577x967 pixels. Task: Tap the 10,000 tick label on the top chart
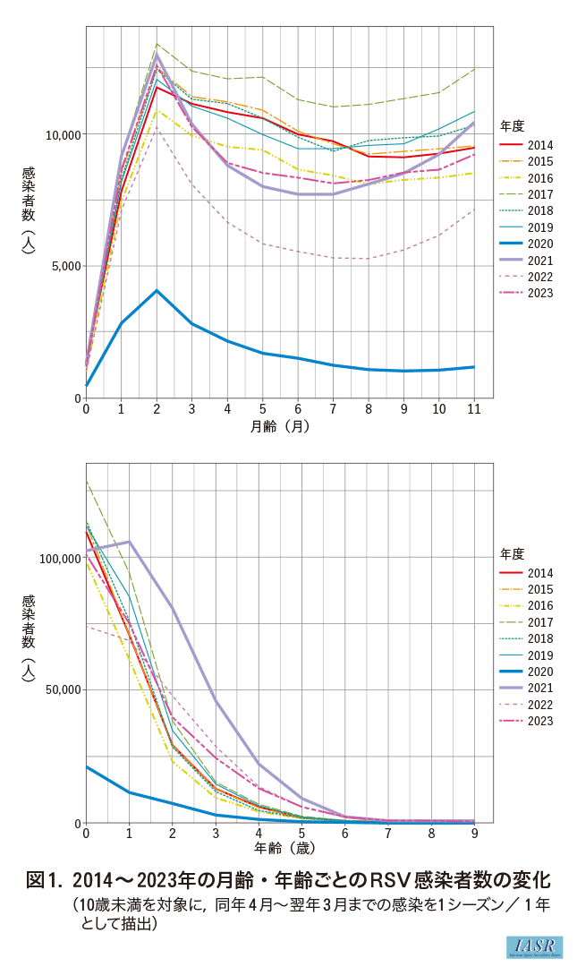tap(64, 134)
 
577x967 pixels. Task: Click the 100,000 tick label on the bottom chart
tap(60, 558)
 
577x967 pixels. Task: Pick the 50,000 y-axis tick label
tap(64, 690)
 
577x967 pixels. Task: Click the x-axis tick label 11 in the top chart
tap(474, 408)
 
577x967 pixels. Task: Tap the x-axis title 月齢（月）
tap(280, 426)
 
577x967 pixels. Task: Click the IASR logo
tap(535, 946)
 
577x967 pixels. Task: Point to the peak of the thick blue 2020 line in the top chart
tap(157, 290)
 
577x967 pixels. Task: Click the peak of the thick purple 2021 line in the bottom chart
tap(130, 542)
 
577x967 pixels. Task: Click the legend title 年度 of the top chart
tap(512, 126)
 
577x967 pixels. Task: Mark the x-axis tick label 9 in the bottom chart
tap(474, 833)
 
